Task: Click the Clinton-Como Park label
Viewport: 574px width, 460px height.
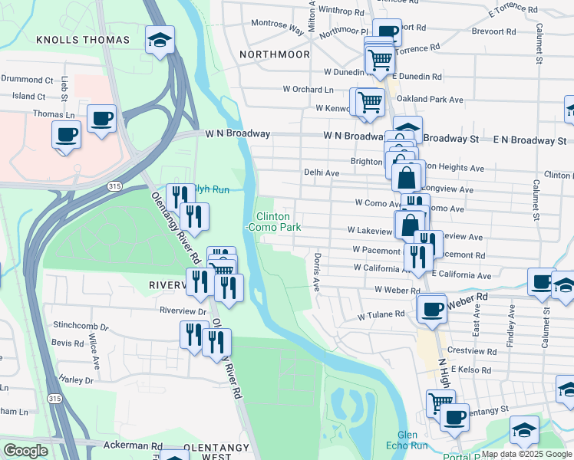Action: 273,222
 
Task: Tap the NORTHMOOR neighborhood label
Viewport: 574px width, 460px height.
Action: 274,54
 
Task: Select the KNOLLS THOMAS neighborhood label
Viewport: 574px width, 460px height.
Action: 79,39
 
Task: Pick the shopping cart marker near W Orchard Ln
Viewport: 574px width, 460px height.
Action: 368,102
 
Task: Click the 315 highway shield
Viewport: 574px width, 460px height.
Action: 114,186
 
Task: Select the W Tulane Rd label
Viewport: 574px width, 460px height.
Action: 381,314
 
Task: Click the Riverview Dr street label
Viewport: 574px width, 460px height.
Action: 183,311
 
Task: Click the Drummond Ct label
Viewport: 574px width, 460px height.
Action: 27,79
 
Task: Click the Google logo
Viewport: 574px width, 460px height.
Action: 25,451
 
